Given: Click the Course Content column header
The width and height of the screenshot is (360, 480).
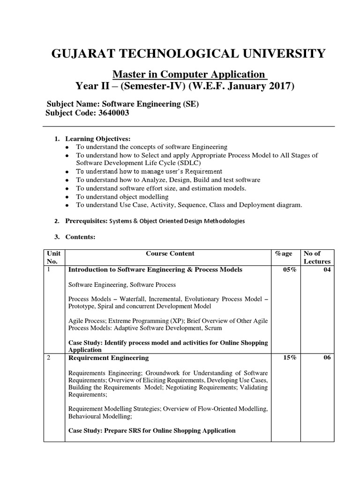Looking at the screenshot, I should click(170, 254).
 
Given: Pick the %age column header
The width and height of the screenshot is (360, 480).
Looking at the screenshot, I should click(283, 254).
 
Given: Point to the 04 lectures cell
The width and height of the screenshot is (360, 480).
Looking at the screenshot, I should click(326, 270).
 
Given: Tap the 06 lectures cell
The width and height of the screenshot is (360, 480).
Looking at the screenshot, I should click(326, 358).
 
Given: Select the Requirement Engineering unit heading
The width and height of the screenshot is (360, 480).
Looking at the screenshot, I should click(109, 358).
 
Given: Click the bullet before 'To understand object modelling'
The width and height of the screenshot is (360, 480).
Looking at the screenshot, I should click(67, 197).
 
